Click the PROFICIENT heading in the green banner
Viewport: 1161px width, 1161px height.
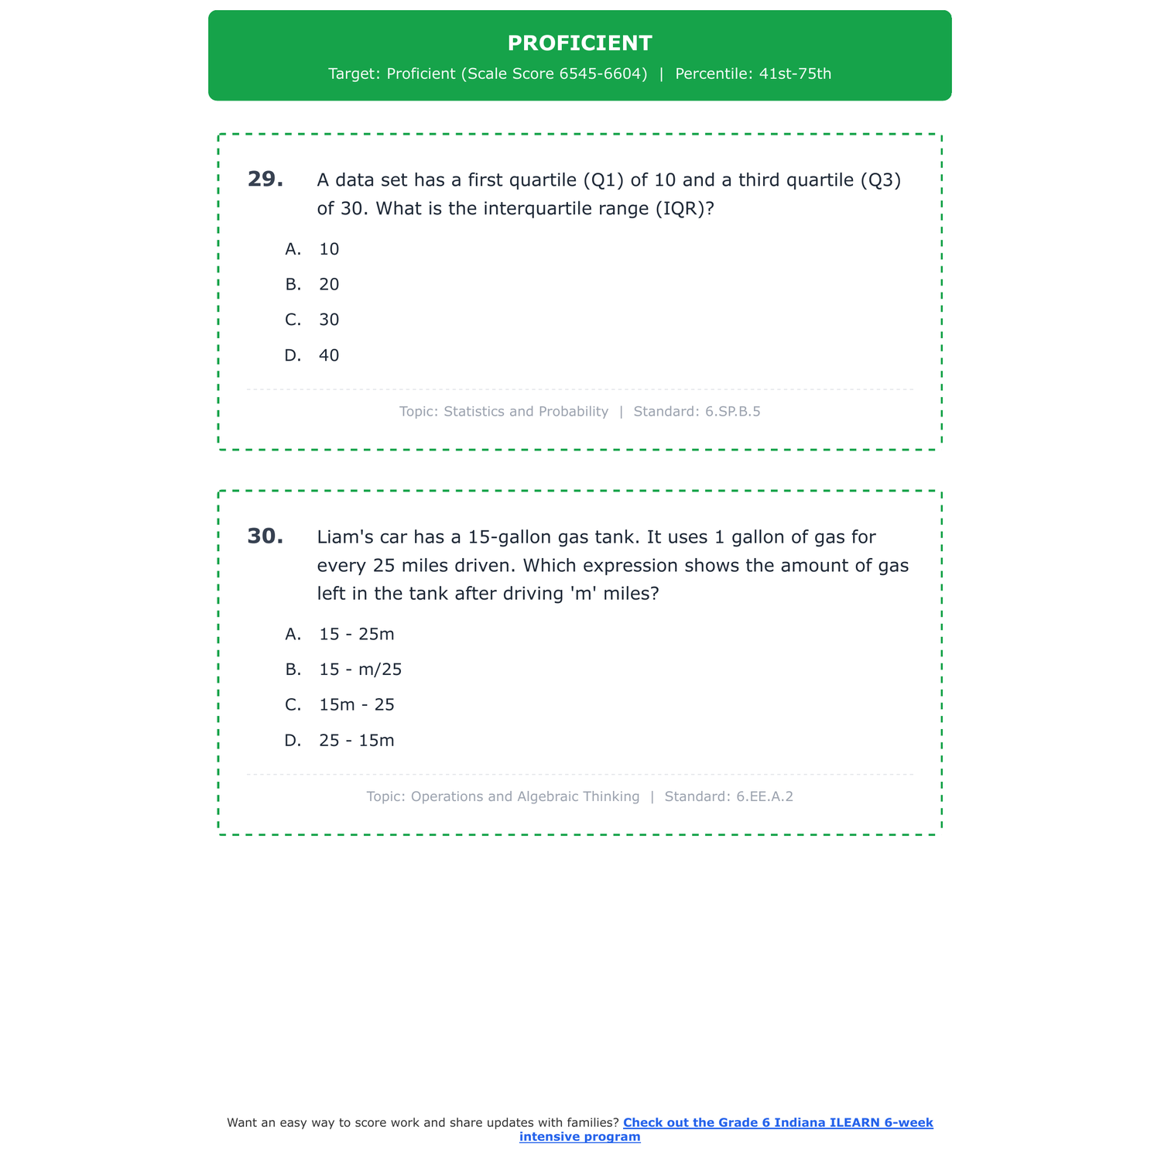coord(580,43)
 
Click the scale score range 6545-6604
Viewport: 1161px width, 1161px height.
coord(602,74)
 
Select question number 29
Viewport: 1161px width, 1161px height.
coord(265,180)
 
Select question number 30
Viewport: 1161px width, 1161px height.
coord(265,536)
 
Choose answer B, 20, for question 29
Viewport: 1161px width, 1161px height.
coord(329,285)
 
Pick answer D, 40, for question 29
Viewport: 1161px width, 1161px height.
coord(329,356)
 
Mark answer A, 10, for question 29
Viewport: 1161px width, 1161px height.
coord(329,249)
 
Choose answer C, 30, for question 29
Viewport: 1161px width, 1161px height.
coord(329,320)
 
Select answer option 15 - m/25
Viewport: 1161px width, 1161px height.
coord(360,670)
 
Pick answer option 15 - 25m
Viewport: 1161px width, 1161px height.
coord(356,635)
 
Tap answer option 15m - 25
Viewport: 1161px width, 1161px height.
coord(356,705)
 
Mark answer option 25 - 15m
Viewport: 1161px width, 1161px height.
coord(356,741)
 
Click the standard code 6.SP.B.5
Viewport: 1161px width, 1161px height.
coord(732,412)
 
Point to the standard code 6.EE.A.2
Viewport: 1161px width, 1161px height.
coord(765,796)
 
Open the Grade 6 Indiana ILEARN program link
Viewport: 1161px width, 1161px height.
coord(777,1122)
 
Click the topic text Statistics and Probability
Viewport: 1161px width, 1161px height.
coord(526,412)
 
